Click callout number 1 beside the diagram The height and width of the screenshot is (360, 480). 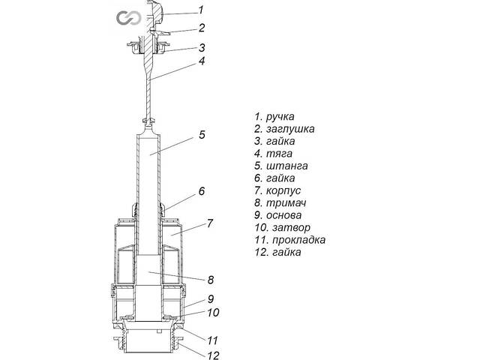[x=200, y=10]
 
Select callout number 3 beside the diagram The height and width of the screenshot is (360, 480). [x=202, y=47]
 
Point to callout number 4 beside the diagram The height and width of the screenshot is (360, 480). [x=202, y=61]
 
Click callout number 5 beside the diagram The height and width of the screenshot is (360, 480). [x=202, y=135]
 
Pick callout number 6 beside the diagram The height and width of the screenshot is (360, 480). [x=202, y=191]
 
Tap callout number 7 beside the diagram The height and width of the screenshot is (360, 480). [x=211, y=223]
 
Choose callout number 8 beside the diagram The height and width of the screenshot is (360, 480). [x=211, y=280]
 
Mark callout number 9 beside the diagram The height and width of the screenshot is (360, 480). [x=211, y=298]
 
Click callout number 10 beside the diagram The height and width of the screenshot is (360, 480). [x=212, y=312]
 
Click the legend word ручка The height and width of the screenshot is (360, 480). [x=280, y=117]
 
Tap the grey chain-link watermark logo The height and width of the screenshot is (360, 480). [x=124, y=18]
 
